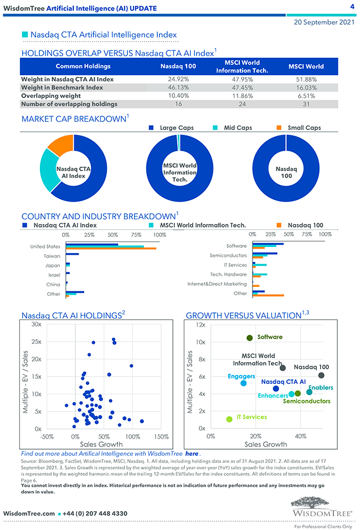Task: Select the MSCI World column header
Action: click(306, 66)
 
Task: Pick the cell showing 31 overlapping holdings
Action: click(306, 104)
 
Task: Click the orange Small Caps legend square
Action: click(279, 128)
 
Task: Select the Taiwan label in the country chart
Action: click(52, 256)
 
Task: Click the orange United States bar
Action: click(111, 249)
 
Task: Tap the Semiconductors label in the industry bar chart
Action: click(228, 256)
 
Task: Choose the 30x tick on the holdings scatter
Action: click(37, 324)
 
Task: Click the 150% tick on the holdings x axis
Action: click(161, 436)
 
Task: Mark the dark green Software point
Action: click(250, 338)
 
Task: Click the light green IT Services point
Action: click(229, 419)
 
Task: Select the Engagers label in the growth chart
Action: click(241, 377)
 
